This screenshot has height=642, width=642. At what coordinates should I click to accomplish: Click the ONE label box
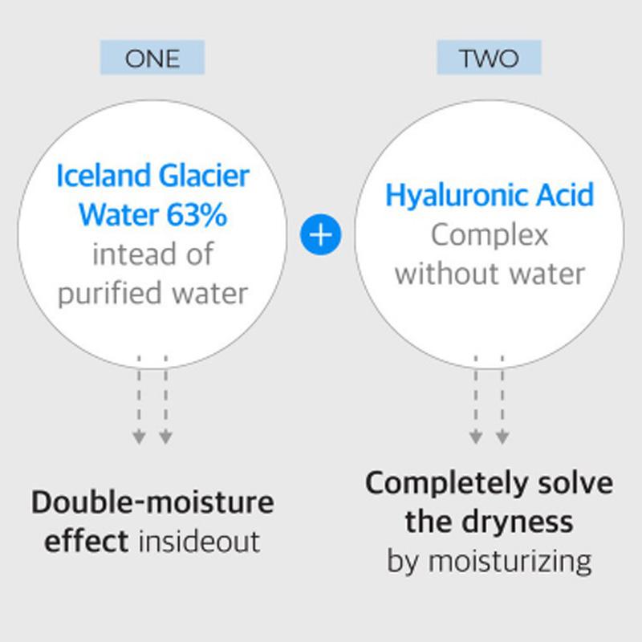coord(152,57)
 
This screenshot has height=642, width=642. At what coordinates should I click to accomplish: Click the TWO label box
coord(489,57)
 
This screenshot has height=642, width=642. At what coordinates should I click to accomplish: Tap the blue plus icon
coord(320,234)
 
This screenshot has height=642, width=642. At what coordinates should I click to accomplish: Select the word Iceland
coord(104,176)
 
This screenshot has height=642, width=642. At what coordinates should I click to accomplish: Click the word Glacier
coord(204,176)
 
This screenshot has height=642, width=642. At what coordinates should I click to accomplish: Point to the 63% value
coord(197,214)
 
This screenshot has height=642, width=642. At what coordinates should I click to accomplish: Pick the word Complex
coord(490,236)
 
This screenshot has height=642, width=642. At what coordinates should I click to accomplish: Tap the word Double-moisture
coord(152,502)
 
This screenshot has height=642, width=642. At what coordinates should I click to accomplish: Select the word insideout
coord(199,541)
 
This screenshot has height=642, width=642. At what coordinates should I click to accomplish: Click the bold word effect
coord(87,541)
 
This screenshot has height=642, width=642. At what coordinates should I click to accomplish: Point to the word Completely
coord(447,484)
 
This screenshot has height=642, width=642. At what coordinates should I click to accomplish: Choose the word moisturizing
coord(510,562)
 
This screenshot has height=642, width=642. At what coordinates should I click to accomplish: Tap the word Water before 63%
coord(119,214)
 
